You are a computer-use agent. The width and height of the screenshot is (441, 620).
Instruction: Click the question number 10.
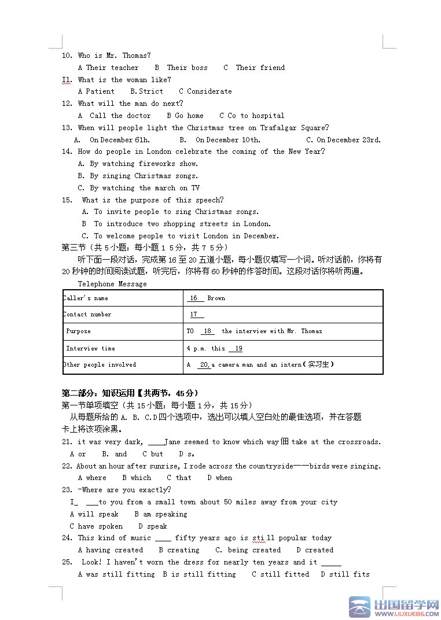tap(67, 56)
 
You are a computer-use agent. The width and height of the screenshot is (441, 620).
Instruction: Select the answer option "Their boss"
tap(186, 68)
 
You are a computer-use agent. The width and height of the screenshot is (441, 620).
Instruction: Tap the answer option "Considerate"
tap(209, 91)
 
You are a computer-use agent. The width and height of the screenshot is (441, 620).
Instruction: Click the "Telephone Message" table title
tap(112, 284)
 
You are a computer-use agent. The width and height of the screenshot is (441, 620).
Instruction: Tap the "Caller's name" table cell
tap(86, 298)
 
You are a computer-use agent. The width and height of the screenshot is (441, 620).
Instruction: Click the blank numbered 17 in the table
tap(197, 315)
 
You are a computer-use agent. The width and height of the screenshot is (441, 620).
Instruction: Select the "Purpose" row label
tap(79, 331)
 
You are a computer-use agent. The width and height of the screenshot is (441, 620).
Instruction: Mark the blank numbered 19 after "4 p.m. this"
tap(236, 349)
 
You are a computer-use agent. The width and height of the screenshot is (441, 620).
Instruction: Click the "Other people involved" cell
tap(100, 365)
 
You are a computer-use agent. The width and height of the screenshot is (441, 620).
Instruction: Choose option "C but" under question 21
tap(153, 454)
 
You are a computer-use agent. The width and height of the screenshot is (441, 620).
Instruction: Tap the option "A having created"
tap(111, 550)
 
